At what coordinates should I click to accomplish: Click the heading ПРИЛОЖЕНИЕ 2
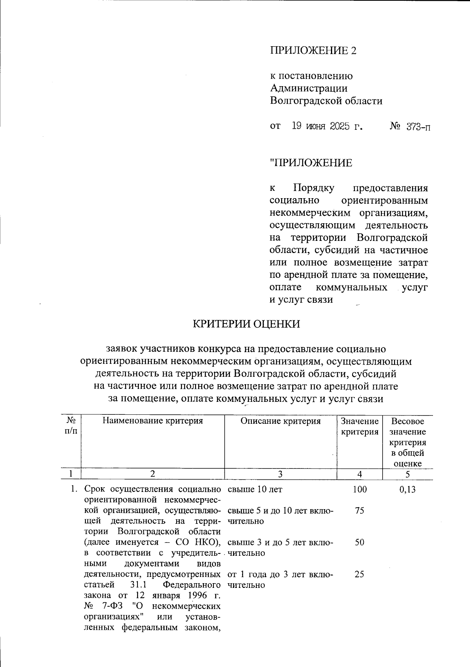[x=313, y=51]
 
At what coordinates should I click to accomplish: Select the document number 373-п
[x=418, y=127]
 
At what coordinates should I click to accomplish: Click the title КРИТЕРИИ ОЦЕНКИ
[x=247, y=324]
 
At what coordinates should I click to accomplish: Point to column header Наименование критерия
[x=153, y=421]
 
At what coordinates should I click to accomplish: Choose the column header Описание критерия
[x=280, y=421]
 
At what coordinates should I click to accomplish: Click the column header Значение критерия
[x=360, y=427]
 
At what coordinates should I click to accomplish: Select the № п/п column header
[x=71, y=426]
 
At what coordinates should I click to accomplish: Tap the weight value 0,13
[x=407, y=489]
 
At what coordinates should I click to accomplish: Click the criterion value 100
[x=360, y=489]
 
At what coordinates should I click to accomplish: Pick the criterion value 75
[x=360, y=511]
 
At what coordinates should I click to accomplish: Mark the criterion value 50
[x=360, y=542]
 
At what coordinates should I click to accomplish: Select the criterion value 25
[x=360, y=574]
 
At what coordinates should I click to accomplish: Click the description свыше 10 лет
[x=255, y=489]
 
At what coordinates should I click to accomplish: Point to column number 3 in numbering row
[x=280, y=474]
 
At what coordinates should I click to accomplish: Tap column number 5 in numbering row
[x=407, y=474]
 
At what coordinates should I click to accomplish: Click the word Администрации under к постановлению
[x=309, y=89]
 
